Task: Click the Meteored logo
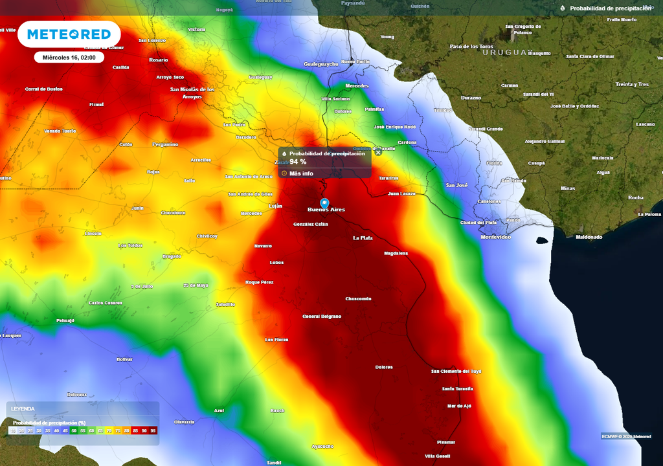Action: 69,34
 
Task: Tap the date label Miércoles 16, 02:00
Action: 69,58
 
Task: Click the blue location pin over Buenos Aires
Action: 325,203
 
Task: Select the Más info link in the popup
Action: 301,173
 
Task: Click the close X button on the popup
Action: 378,153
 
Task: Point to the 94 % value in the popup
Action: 298,162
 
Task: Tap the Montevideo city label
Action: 496,237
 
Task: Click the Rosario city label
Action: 158,60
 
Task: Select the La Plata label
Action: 363,238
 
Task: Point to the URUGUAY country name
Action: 507,52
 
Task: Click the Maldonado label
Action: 589,237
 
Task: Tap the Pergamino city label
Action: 165,144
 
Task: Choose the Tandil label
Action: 274,462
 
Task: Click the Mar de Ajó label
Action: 459,406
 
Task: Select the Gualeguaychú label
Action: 321,64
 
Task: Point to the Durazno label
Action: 471,98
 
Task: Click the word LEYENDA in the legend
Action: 23,409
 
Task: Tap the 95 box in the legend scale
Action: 153,430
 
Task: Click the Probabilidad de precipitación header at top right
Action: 610,8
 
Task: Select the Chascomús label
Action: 358,299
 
